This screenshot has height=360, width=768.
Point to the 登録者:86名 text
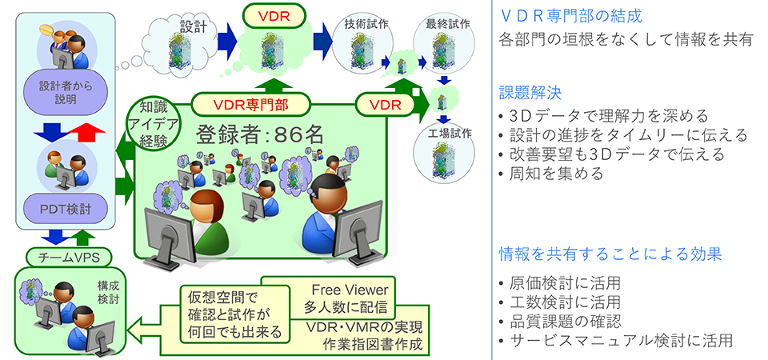(260, 134)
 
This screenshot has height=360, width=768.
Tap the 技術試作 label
(362, 23)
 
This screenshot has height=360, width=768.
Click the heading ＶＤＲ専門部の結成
(570, 16)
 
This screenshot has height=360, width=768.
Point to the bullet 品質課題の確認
(559, 322)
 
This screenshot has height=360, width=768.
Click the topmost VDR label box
(274, 16)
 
